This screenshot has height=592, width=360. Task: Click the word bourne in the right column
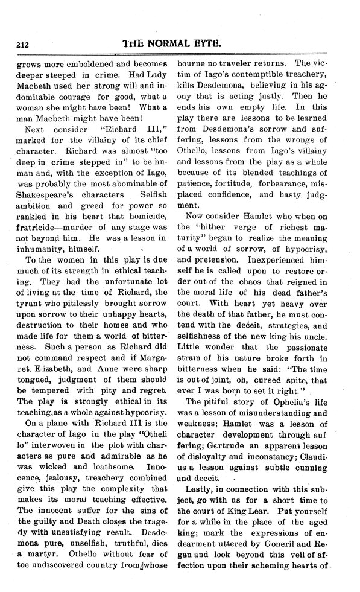[x=192, y=62]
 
